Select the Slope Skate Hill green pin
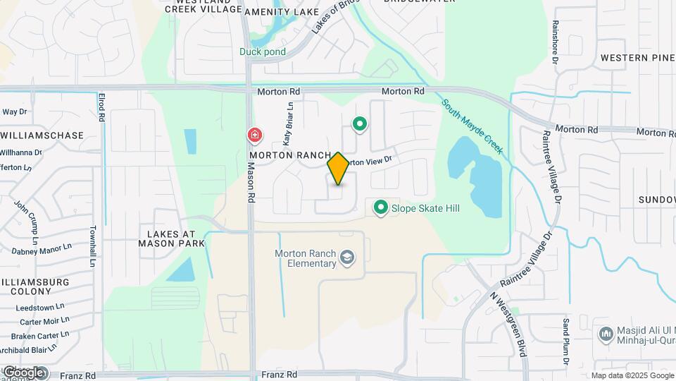(381, 207)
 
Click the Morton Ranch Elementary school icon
(346, 258)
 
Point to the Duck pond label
(262, 52)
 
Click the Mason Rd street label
(251, 183)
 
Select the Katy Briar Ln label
(289, 124)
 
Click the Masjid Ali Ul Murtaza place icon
(606, 333)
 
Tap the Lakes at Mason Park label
(176, 238)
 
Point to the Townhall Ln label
(92, 246)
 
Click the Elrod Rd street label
(101, 108)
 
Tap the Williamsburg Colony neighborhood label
(35, 286)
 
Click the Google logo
(23, 372)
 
